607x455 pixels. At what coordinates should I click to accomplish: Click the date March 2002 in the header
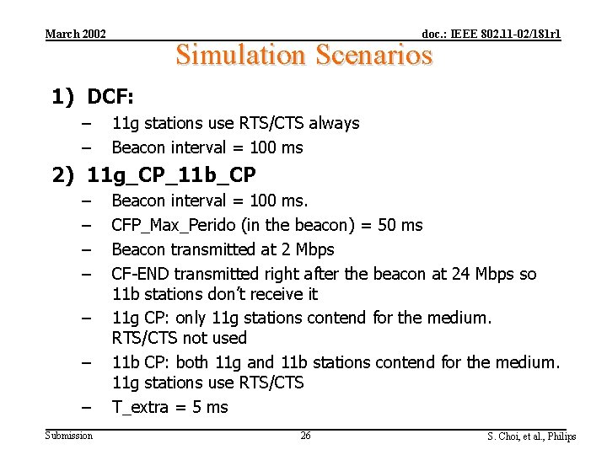coord(75,34)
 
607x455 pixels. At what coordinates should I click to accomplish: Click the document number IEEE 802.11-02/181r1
coord(491,34)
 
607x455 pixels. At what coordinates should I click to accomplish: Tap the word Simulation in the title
coord(240,55)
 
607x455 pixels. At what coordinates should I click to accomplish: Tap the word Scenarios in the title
coord(373,55)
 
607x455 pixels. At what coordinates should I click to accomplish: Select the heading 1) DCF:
coord(93,97)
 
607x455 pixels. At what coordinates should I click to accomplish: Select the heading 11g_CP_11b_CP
coord(172,175)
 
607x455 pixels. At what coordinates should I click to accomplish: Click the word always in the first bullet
coord(335,123)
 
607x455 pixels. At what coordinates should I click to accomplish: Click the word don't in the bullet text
coord(222,294)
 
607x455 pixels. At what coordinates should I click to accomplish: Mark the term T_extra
coord(140,407)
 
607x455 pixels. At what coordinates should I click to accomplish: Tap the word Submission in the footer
coord(69,435)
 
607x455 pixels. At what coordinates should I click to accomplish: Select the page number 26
coord(305,435)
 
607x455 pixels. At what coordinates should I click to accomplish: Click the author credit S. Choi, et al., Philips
coord(531,436)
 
